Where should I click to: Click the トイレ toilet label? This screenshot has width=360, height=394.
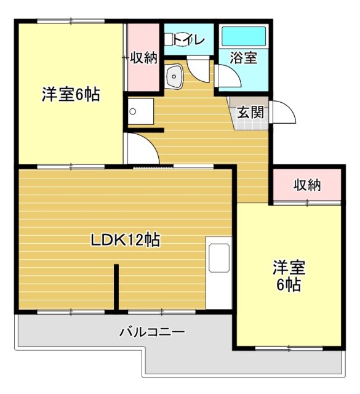click(x=189, y=40)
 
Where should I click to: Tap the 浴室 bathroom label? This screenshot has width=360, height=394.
click(x=243, y=59)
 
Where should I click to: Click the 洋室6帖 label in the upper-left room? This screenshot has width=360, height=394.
click(x=71, y=95)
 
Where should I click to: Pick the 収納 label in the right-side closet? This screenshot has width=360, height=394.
click(x=307, y=185)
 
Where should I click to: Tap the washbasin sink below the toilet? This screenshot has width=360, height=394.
click(x=174, y=76)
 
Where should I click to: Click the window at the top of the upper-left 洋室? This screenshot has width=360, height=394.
click(x=70, y=22)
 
